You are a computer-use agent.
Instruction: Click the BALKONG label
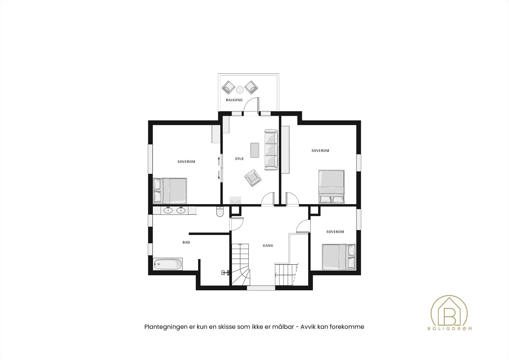tap(234, 100)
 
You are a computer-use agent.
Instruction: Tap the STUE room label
tap(240, 159)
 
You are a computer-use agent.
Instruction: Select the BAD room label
tap(186, 243)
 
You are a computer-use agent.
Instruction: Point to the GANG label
tap(268, 246)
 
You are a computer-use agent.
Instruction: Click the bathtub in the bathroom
tap(168, 264)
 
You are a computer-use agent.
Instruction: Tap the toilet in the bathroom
tap(220, 211)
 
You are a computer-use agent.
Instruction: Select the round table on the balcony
tap(240, 89)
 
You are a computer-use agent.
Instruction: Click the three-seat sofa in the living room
tap(271, 150)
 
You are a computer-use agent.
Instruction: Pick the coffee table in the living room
tap(255, 150)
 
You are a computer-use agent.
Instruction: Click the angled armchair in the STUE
tap(253, 177)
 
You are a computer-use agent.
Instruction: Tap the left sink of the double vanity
tap(168, 210)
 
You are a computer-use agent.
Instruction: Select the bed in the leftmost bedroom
tap(170, 190)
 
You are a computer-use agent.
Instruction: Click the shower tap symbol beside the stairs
tap(226, 272)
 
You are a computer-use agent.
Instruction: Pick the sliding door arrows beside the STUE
tap(219, 168)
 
